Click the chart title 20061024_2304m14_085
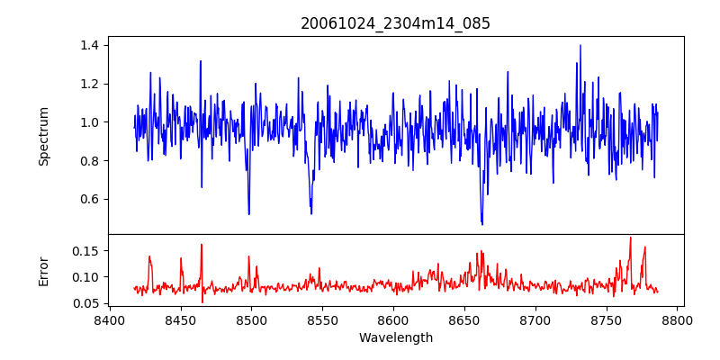click(x=395, y=23)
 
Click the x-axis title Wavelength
click(x=395, y=338)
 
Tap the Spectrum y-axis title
click(x=44, y=136)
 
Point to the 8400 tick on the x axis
click(x=109, y=319)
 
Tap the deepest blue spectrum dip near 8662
click(x=482, y=224)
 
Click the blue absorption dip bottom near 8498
click(x=249, y=214)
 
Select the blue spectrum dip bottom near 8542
click(x=311, y=213)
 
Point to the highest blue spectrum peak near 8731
click(x=580, y=45)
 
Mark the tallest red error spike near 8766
click(x=630, y=238)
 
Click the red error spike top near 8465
click(x=202, y=245)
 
